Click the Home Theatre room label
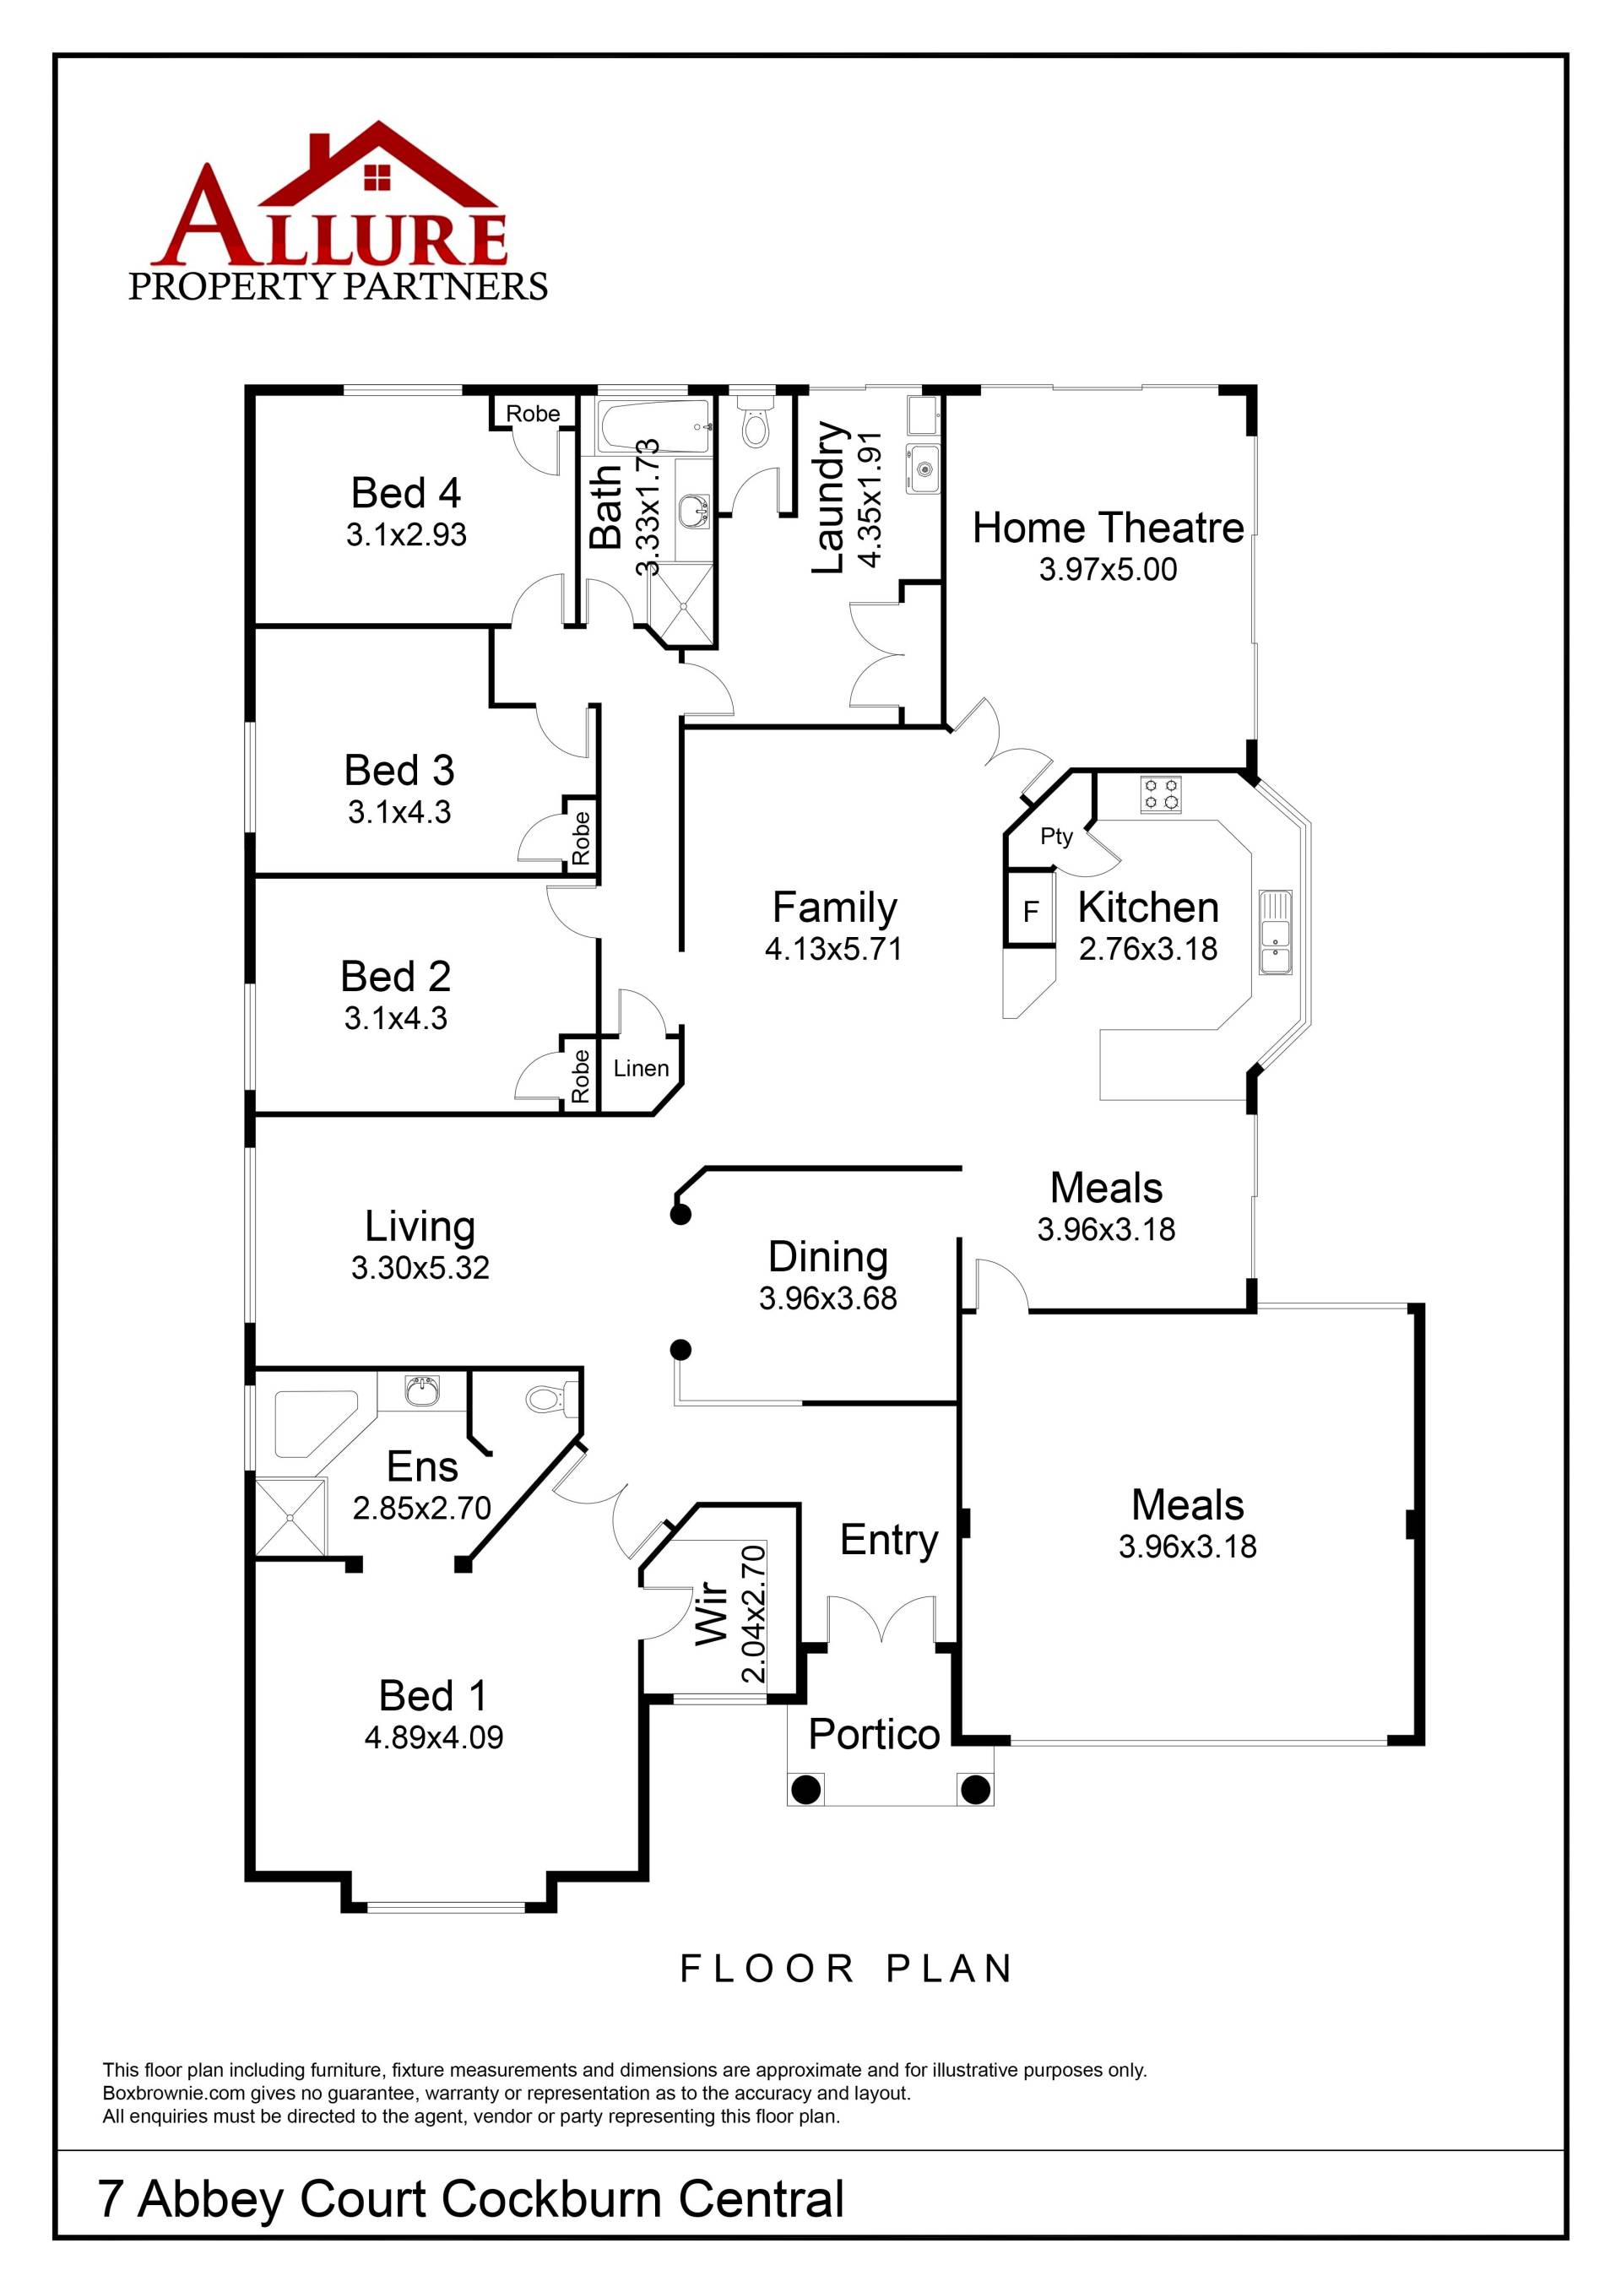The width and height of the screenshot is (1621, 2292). [1108, 528]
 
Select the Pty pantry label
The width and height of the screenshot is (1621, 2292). [1056, 836]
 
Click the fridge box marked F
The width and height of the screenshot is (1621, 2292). [1031, 910]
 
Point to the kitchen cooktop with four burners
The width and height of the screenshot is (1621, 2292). [1161, 794]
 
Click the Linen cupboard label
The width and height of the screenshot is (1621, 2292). [641, 1068]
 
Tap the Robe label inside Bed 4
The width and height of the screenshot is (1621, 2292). [532, 414]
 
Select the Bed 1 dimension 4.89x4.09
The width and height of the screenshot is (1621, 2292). [433, 1737]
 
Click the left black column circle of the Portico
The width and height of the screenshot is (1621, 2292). [805, 1789]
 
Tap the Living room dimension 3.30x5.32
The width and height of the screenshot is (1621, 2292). [420, 1268]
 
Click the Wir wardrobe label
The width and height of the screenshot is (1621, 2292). [711, 1612]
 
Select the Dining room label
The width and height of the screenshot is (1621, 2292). [827, 1257]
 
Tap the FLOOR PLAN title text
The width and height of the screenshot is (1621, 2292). [847, 1969]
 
